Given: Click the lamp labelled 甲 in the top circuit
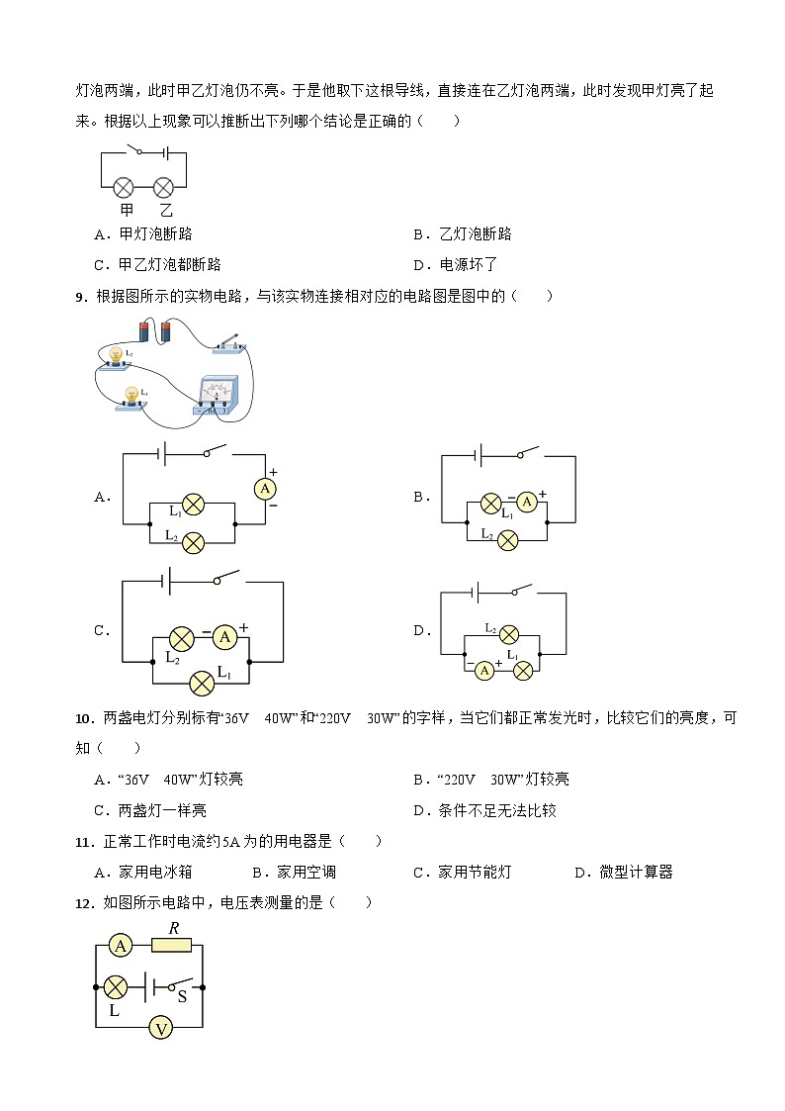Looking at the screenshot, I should point(124,187).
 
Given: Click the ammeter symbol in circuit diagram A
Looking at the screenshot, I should point(264,489).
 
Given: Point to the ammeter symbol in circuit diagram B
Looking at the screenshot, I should point(527,503).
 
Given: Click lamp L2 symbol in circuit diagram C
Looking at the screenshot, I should point(181,638).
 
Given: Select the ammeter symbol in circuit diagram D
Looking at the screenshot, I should point(484,670).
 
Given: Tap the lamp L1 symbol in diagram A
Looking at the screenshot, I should point(194,506).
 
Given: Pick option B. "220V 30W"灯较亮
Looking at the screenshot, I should point(491,780).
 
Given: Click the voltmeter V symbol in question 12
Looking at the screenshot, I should point(160,1029).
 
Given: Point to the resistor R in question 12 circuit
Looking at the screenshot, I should point(172,946).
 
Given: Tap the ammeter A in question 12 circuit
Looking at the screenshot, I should point(121,947).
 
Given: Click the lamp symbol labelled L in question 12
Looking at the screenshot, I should point(116,987).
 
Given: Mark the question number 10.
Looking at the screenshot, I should point(84,718).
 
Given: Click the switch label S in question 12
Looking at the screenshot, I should point(182,997).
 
